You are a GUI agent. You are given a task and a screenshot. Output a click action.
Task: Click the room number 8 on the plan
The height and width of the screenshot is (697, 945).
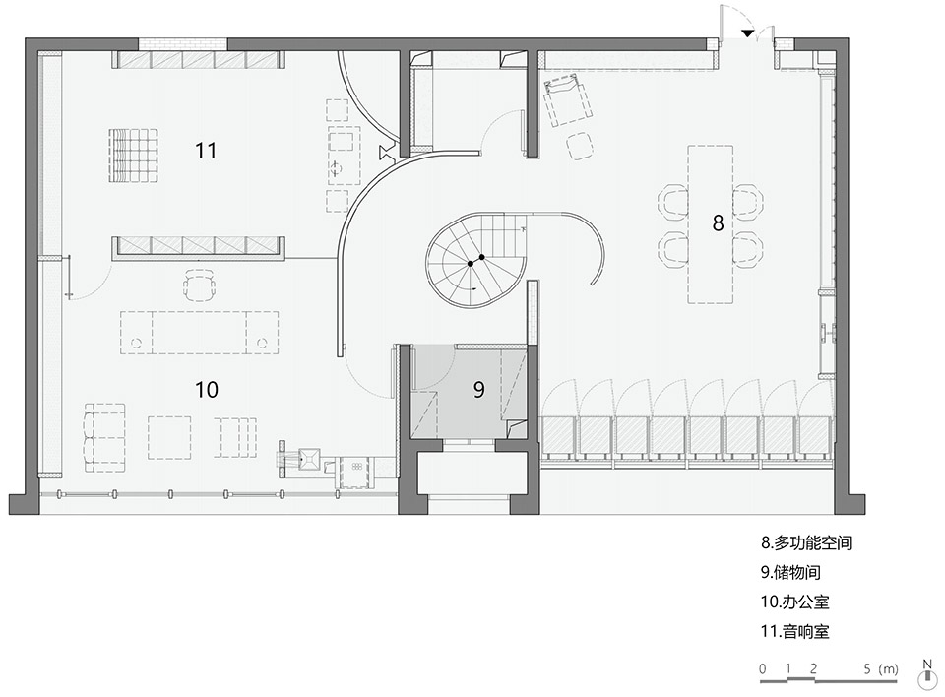point(718,223)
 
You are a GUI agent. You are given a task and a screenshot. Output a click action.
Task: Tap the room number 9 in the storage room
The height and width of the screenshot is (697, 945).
point(479,390)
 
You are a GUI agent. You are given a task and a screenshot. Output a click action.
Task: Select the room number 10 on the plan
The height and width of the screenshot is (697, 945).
point(206,390)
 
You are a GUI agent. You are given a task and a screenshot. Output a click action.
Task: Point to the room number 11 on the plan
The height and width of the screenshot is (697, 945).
point(206,151)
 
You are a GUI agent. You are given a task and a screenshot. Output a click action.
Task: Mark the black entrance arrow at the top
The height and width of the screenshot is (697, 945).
point(747,33)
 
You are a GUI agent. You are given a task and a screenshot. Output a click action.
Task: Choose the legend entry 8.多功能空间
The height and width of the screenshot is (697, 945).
point(806,542)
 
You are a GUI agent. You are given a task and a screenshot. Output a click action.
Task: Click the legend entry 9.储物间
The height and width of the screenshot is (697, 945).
point(790,572)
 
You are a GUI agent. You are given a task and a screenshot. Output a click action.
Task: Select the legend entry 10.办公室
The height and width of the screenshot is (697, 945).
point(794,602)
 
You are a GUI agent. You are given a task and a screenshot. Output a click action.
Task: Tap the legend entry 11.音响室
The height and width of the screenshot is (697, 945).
point(794,631)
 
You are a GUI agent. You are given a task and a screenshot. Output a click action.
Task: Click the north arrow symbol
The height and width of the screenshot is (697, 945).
point(926,674)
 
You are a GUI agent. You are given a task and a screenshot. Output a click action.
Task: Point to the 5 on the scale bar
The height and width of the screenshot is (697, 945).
point(867,668)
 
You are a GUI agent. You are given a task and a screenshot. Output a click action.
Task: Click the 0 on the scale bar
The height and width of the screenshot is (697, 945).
point(763,668)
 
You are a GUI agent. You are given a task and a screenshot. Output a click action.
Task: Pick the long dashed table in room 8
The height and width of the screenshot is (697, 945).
point(711,223)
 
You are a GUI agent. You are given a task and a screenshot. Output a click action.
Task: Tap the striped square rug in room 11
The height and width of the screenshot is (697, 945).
point(133,155)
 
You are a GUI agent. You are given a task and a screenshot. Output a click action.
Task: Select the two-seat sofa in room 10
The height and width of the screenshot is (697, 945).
point(105,438)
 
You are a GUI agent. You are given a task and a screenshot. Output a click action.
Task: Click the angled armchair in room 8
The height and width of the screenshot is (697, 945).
point(568,99)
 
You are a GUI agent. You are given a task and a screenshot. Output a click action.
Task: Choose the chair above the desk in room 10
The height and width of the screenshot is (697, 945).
point(200,285)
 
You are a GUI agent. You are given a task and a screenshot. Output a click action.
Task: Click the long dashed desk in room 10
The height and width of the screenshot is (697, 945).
point(200,332)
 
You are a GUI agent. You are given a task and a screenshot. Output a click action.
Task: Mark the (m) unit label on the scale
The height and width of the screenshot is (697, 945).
point(888,668)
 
